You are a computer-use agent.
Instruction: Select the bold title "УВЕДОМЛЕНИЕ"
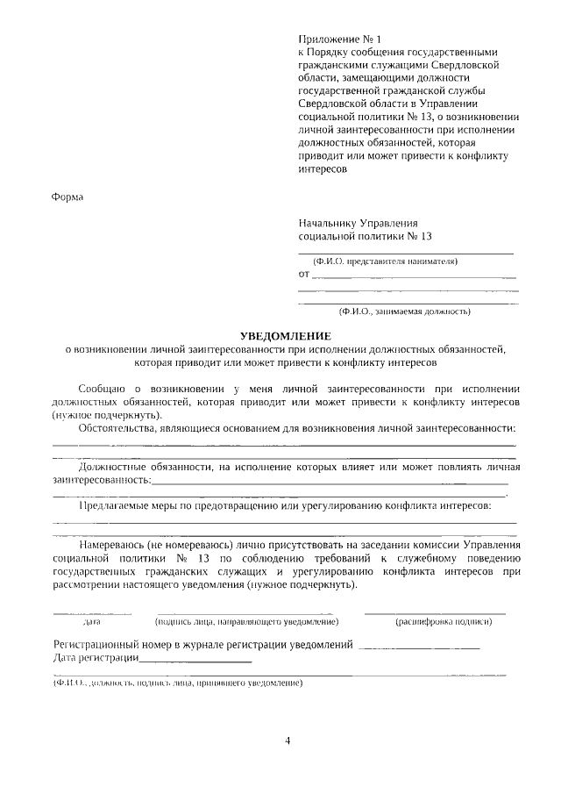click(286, 336)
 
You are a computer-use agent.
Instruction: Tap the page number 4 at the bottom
click(288, 740)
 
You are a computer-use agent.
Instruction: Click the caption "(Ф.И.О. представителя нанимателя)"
click(386, 261)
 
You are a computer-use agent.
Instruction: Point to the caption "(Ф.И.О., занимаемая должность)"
click(405, 311)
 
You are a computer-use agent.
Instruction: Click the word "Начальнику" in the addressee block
click(329, 223)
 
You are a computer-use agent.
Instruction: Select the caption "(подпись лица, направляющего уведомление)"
click(246, 622)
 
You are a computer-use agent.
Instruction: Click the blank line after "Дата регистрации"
click(195, 660)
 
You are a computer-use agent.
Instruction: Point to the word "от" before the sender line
click(304, 275)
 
